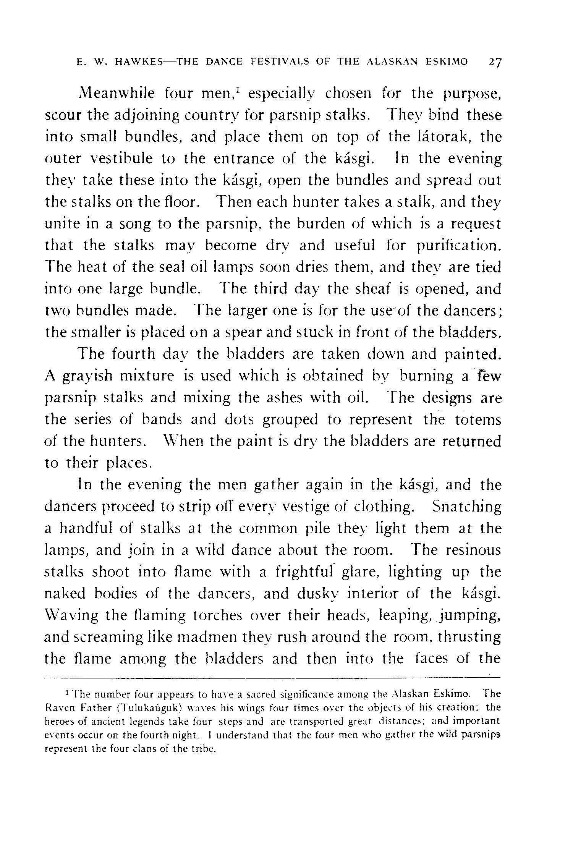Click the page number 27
click(x=493, y=62)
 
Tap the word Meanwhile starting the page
click(x=117, y=94)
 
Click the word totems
click(x=478, y=420)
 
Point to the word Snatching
click(x=467, y=507)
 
